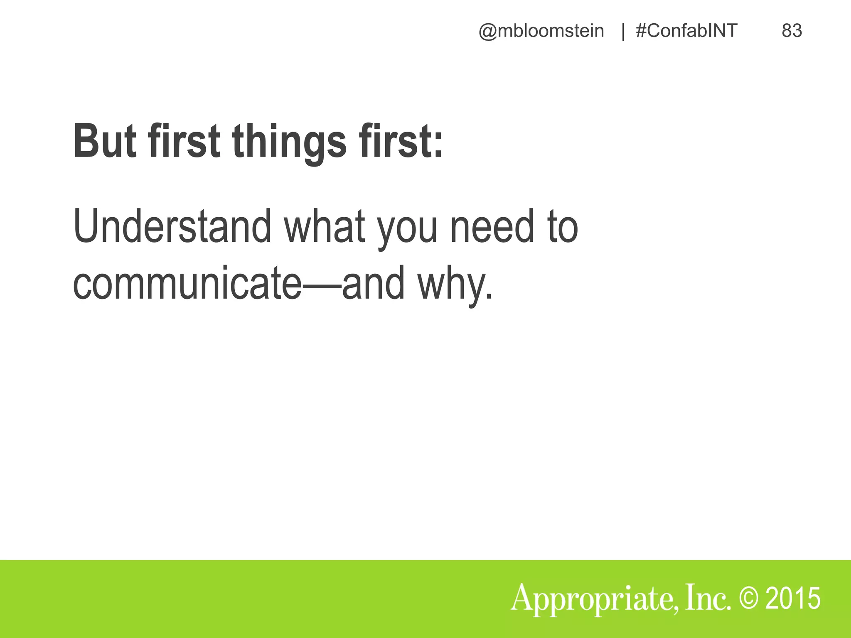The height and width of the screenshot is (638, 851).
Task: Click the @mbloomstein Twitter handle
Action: [x=541, y=31]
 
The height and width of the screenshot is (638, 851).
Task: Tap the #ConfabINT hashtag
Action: [x=686, y=31]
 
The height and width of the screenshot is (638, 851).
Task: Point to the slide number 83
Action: [x=792, y=31]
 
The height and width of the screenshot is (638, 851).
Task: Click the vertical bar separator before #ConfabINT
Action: [x=623, y=32]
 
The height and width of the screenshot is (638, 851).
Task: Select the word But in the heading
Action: [x=105, y=141]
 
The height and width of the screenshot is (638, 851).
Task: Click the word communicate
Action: [x=187, y=284]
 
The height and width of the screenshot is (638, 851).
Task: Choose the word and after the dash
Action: [x=373, y=284]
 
